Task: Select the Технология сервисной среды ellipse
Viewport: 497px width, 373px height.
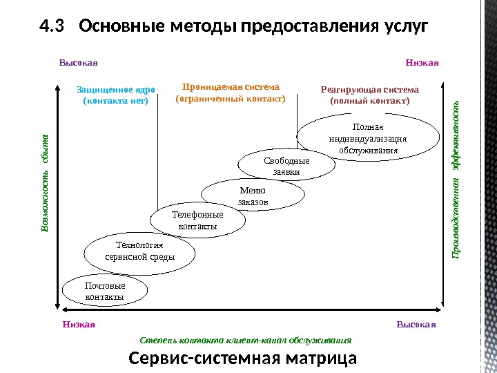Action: point(139,251)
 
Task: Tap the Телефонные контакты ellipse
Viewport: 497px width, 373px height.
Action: point(197,221)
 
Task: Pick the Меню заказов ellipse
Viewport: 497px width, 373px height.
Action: point(253,196)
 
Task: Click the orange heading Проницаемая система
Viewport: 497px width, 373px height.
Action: point(231,87)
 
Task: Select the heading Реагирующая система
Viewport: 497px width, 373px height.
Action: point(370,89)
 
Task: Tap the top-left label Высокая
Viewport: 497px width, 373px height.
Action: point(78,64)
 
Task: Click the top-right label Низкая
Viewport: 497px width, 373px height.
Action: point(422,64)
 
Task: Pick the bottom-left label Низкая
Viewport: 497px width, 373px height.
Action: point(78,323)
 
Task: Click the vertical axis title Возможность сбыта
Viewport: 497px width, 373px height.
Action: point(45,182)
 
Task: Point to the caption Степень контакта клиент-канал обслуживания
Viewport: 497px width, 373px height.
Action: point(246,341)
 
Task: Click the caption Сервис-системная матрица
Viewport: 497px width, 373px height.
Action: point(243,359)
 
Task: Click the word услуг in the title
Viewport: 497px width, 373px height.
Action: point(404,27)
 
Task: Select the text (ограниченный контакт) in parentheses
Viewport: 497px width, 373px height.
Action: point(231,99)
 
